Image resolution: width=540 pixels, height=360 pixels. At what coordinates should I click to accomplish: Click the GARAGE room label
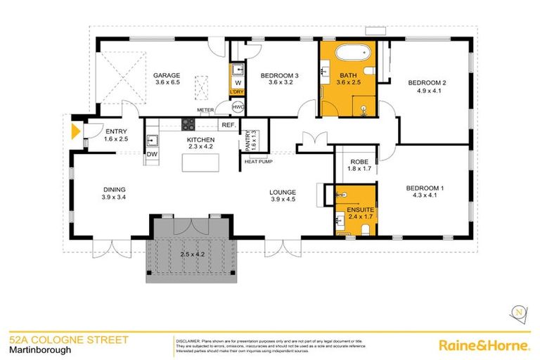167,76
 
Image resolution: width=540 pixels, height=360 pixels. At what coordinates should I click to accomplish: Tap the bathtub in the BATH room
348,53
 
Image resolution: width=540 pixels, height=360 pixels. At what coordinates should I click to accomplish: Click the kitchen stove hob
189,124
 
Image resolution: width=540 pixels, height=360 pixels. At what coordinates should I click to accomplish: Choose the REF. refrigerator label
227,125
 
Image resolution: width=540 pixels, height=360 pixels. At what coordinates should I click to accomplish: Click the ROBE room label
355,162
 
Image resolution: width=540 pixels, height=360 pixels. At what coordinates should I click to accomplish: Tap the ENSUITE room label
355,210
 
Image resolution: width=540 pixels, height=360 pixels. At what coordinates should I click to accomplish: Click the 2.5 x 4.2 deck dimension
192,254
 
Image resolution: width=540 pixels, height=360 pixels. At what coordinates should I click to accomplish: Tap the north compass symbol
519,311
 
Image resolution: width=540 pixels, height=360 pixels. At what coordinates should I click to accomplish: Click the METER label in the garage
205,110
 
